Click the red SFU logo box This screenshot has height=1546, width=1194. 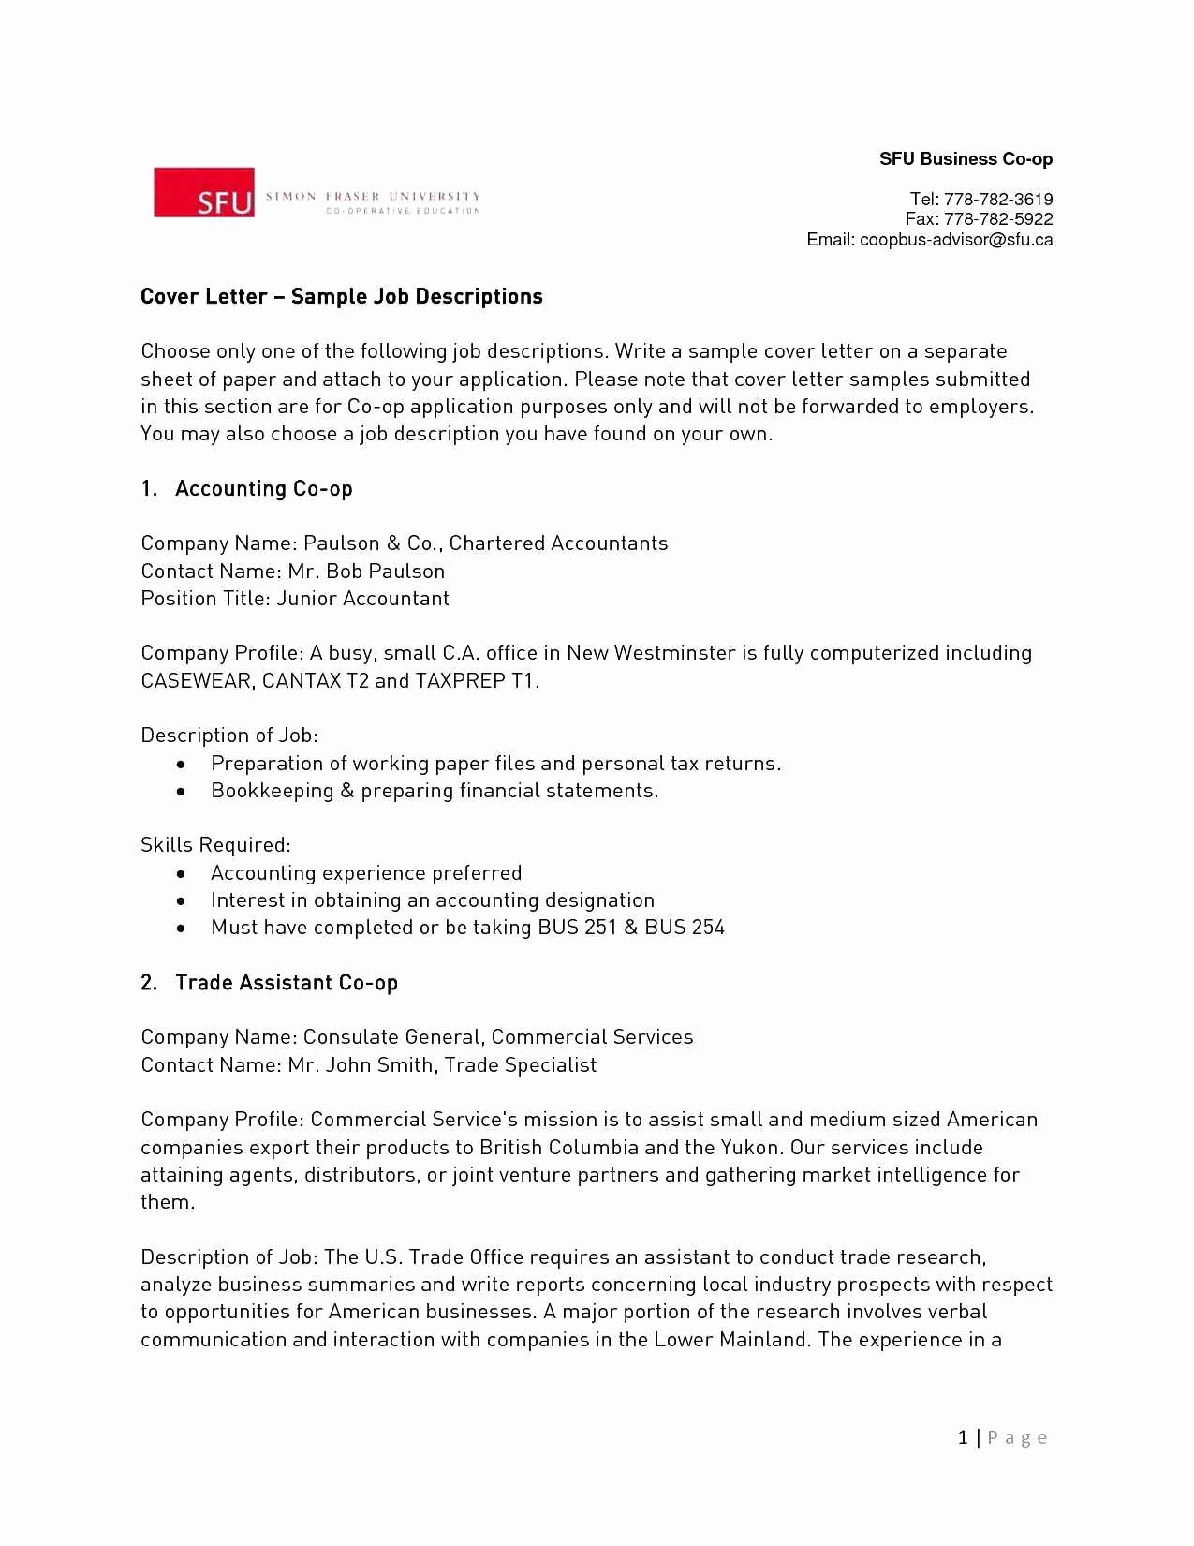[x=204, y=193]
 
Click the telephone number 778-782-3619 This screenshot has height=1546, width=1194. [x=998, y=200]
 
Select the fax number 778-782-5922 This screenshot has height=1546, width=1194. [x=998, y=219]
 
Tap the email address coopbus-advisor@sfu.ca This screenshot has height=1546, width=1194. [x=956, y=240]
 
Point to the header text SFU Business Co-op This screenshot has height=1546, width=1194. [x=966, y=159]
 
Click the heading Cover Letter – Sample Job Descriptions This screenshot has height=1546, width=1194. [x=342, y=297]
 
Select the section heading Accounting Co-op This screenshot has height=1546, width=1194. [x=263, y=489]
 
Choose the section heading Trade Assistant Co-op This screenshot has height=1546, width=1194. [x=286, y=983]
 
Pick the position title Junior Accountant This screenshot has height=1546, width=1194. [x=362, y=599]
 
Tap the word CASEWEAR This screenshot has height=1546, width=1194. [x=196, y=681]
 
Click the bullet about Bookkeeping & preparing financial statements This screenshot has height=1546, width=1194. [x=435, y=791]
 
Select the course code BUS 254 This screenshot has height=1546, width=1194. [x=685, y=928]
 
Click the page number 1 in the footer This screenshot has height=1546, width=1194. [x=963, y=1437]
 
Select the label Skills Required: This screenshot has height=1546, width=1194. [x=215, y=845]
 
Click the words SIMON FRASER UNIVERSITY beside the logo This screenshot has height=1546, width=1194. [x=373, y=197]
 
